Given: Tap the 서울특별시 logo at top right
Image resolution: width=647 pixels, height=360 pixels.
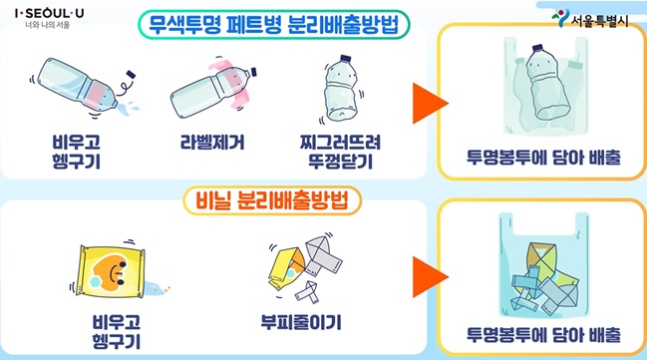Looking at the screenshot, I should pos(594,20).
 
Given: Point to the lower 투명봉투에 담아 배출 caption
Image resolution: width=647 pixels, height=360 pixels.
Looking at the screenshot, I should pos(540,333).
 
